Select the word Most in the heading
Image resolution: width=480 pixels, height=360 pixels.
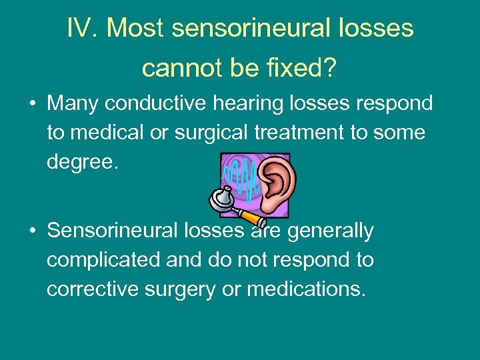click(136, 28)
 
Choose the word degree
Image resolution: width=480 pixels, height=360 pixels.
click(82, 162)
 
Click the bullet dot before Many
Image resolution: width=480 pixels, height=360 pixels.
click(31, 105)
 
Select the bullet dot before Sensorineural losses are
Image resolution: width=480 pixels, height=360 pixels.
click(31, 231)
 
